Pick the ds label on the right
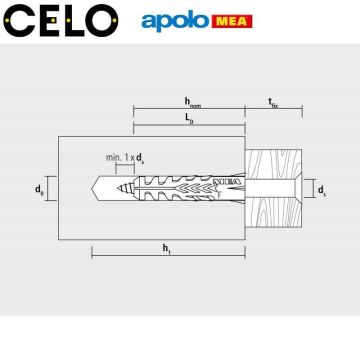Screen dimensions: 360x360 pyautogui.click(x=320, y=188)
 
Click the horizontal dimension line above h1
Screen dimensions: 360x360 pyautogui.click(x=170, y=254)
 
